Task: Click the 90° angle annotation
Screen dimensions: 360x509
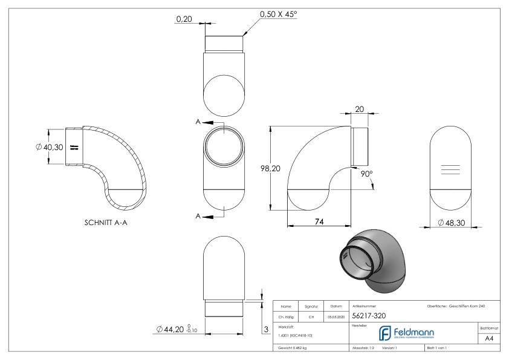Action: click(366, 173)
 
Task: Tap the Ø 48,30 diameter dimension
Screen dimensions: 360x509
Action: click(452, 224)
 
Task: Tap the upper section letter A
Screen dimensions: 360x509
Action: click(199, 122)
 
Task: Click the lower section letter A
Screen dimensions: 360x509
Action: click(199, 216)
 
